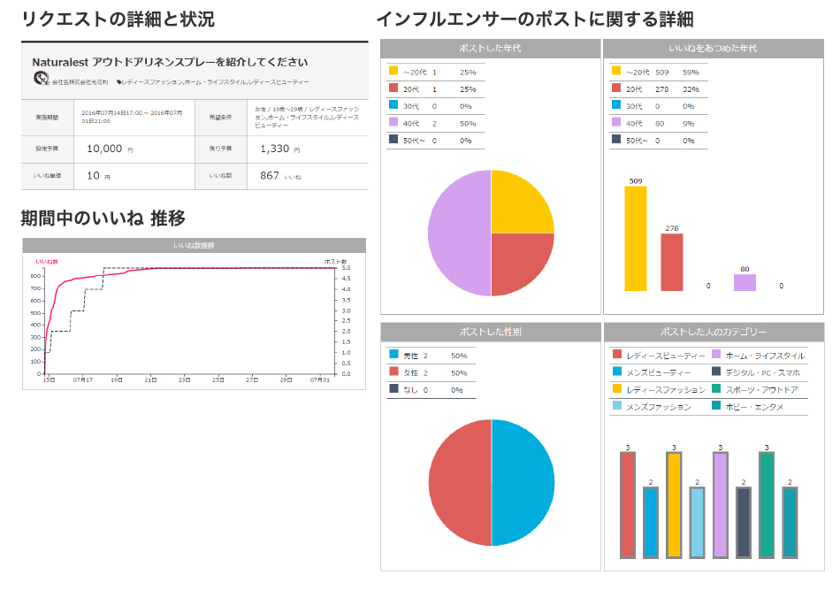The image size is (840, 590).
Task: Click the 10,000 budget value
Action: tap(104, 149)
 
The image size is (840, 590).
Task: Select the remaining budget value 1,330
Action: tap(274, 149)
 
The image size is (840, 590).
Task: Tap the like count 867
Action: tap(270, 176)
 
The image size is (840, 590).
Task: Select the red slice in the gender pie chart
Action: tap(460, 482)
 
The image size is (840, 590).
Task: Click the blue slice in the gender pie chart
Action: tap(523, 482)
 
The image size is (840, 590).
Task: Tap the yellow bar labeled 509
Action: tap(636, 238)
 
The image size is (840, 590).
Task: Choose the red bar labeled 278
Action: tap(672, 262)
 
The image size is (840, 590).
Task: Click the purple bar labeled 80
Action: tap(745, 282)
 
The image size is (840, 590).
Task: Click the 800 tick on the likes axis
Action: tap(36, 276)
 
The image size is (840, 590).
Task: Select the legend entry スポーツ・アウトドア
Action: tap(760, 389)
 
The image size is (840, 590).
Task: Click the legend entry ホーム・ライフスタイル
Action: tap(764, 355)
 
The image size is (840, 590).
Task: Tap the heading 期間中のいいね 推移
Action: tap(103, 218)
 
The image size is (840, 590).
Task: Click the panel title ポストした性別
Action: tap(491, 332)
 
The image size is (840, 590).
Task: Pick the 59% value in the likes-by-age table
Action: tap(691, 72)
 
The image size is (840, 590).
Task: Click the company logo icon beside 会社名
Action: tap(41, 80)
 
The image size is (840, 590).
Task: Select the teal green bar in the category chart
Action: tap(766, 505)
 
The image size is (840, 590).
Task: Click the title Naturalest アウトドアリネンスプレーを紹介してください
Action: tap(170, 62)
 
